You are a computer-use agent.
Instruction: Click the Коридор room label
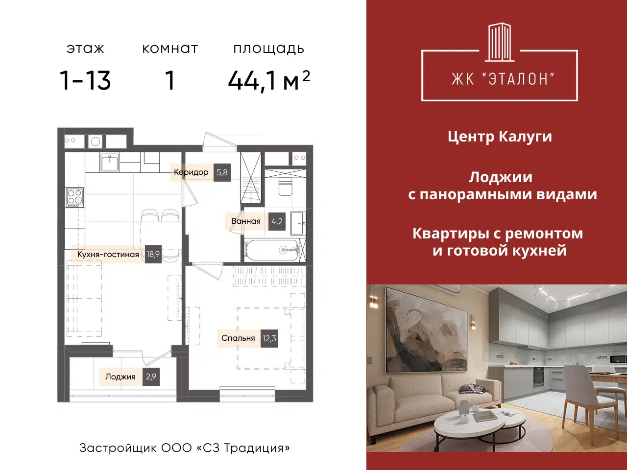[191, 172]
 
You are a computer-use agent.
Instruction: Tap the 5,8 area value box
[222, 172]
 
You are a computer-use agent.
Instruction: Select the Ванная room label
[246, 221]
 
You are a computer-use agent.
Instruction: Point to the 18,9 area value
[153, 254]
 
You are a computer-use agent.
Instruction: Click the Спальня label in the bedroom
[238, 338]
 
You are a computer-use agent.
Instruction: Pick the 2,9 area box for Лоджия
[151, 376]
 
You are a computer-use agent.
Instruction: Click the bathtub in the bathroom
[271, 250]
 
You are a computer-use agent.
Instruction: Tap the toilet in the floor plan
[285, 186]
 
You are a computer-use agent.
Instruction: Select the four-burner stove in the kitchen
[75, 197]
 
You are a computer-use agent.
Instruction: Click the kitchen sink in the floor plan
[109, 162]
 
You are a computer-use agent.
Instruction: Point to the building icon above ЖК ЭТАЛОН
[499, 42]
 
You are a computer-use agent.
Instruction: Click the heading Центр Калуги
[500, 137]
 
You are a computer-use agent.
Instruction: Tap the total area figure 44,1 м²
[269, 80]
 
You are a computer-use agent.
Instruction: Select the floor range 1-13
[85, 81]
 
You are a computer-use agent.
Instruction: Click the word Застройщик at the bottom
[118, 448]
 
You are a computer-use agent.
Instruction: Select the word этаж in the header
[85, 49]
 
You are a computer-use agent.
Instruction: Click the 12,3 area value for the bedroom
[269, 338]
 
